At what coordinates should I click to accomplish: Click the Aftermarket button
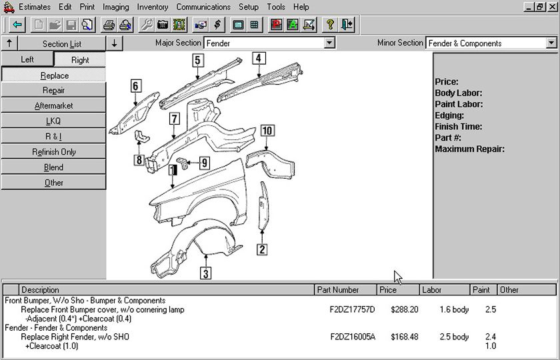tap(53, 106)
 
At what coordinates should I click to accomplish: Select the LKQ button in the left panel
tap(53, 121)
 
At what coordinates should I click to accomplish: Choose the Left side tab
tap(27, 59)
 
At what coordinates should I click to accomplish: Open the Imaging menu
tap(116, 7)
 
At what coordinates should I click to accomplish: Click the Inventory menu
tap(153, 7)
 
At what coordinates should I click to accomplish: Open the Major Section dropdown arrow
tap(329, 43)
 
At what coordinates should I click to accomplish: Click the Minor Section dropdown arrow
tap(551, 43)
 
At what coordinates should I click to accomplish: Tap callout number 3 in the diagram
tap(206, 273)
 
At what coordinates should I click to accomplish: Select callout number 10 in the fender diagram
tap(267, 131)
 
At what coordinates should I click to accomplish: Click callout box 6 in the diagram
tap(135, 86)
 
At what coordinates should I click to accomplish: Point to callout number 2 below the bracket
tap(262, 249)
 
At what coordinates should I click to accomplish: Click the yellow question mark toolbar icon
tap(329, 25)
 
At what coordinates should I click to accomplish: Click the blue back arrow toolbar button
tap(17, 25)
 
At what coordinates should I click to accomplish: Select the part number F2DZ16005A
tap(353, 337)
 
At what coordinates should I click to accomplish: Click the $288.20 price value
tap(404, 309)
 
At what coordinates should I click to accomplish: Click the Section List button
tap(62, 43)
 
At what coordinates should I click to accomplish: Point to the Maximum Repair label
tap(469, 149)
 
